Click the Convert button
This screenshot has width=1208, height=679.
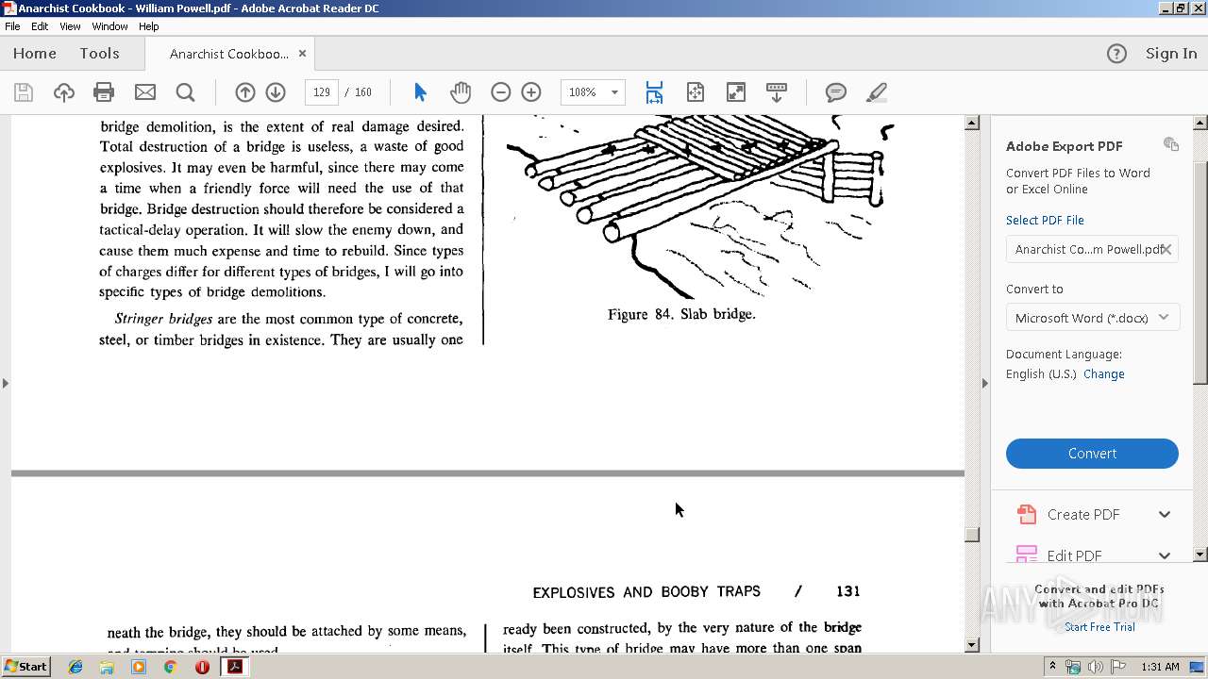(x=1092, y=454)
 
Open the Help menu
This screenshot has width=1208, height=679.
(x=149, y=26)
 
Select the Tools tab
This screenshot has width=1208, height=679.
(x=99, y=54)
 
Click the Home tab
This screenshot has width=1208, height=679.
(x=35, y=54)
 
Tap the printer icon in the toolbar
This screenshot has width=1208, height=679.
(x=104, y=92)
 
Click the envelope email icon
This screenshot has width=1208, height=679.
(x=145, y=92)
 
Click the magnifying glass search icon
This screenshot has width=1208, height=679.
(x=186, y=92)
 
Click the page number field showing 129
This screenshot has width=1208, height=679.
(x=322, y=92)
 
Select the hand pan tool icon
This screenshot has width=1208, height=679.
(x=461, y=92)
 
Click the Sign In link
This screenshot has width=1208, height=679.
(x=1171, y=54)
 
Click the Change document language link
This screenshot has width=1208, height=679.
(x=1103, y=374)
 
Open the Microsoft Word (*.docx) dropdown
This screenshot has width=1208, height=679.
(x=1092, y=318)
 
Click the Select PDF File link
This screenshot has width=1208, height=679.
(x=1045, y=221)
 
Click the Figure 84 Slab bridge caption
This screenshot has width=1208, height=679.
(x=681, y=314)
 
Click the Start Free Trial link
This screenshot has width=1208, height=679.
(x=1099, y=627)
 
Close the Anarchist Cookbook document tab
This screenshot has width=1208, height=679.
(x=302, y=54)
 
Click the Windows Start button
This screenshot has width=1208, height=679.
(x=25, y=667)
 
